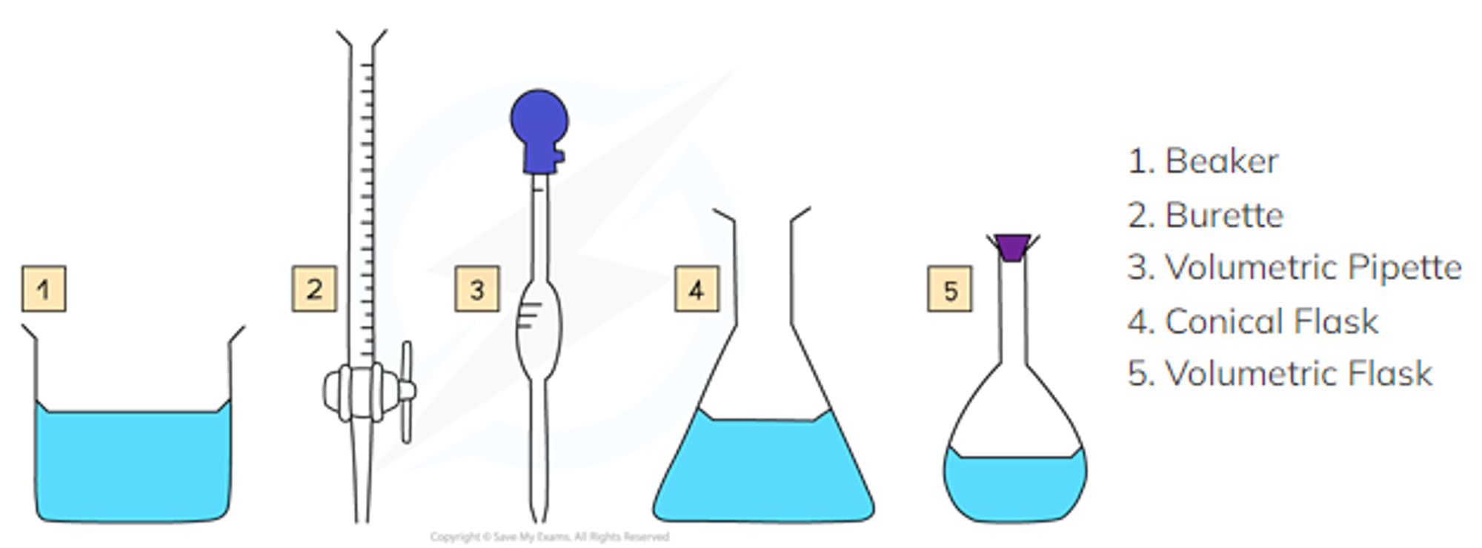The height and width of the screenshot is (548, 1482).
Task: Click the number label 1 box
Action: pos(44,290)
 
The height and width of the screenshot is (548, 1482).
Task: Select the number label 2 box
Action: pos(315,290)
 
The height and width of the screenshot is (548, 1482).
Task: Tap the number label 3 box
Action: pos(477,290)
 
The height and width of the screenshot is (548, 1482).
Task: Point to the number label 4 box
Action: pos(697,290)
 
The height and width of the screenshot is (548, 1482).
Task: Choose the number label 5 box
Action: pos(951,290)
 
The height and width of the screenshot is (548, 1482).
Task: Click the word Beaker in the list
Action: pos(1221,161)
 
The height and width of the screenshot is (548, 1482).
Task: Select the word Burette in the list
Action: pos(1224,215)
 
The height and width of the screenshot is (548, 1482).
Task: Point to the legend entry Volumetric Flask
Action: pos(1280,373)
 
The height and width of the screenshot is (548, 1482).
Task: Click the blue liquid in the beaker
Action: pos(133,463)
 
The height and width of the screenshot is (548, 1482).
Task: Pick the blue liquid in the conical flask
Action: pos(763,470)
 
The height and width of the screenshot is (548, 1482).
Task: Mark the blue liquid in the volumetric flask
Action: pos(1015,485)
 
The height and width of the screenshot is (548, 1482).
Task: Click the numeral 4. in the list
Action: pos(1140,321)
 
